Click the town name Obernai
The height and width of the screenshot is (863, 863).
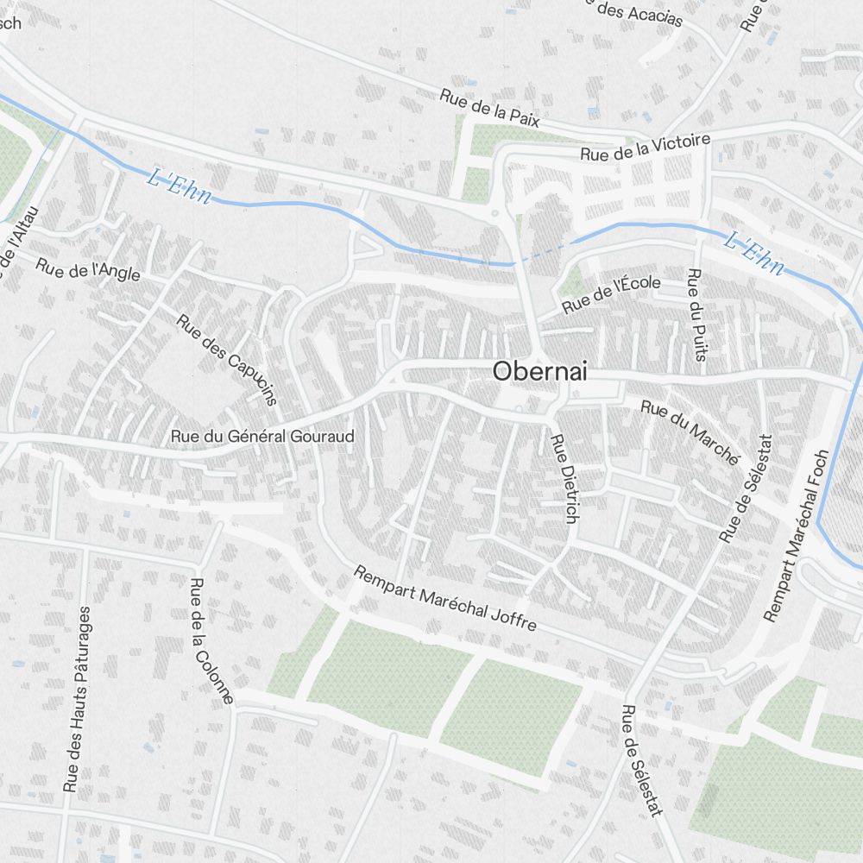point(539,371)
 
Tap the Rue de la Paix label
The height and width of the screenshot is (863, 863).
point(489,109)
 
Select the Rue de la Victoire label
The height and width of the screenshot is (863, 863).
point(645,147)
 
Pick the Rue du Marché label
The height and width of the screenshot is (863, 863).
point(690,431)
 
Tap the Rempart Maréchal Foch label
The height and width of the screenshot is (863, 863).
point(797,535)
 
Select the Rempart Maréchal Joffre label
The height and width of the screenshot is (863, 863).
point(445,599)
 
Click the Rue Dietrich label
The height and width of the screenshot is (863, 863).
point(562,478)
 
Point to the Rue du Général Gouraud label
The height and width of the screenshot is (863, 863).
point(262,437)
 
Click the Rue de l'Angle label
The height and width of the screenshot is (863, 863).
point(88,269)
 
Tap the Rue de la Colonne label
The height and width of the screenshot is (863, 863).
point(211,641)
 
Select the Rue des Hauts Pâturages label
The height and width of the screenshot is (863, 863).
point(77,699)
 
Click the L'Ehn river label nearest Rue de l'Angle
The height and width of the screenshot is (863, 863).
point(180,186)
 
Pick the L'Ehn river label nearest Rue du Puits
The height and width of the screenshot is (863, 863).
point(753,254)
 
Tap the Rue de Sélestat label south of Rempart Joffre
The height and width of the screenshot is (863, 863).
point(642,760)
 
